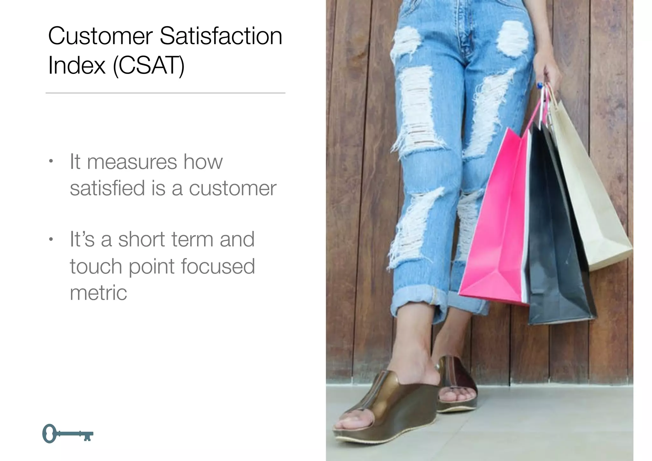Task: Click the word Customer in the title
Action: pos(100,36)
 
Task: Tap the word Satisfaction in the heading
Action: pos(221,36)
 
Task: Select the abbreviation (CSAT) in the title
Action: pos(149,66)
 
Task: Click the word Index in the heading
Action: pos(76,66)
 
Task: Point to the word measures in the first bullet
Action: pos(132,162)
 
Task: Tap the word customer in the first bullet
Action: pos(232,189)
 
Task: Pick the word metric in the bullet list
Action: pos(98,292)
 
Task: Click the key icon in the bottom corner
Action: pos(67,434)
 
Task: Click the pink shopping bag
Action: pos(497,229)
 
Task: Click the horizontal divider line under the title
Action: pos(165,93)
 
